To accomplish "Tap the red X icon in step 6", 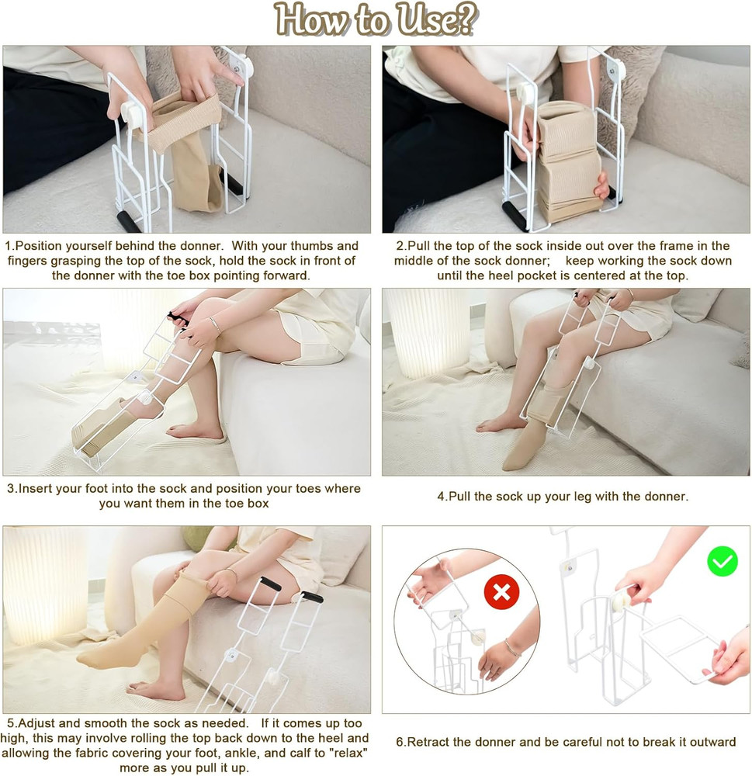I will click(501, 592).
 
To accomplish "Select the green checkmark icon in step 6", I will click(722, 560).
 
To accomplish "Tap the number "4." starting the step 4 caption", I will click(443, 496).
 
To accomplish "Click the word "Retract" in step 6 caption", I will click(434, 742).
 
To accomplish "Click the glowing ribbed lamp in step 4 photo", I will click(419, 334).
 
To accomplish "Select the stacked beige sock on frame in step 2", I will click(570, 163).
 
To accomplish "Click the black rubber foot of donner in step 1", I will click(126, 221).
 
